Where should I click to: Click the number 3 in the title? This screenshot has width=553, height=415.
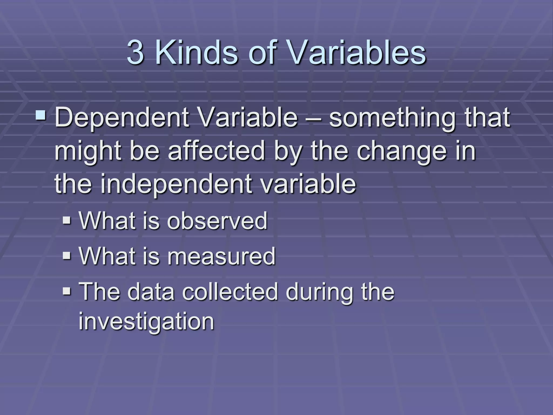[135, 52]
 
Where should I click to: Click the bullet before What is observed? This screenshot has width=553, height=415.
[66, 220]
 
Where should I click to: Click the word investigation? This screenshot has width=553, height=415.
[146, 322]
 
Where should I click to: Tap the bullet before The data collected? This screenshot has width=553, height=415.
[66, 291]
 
